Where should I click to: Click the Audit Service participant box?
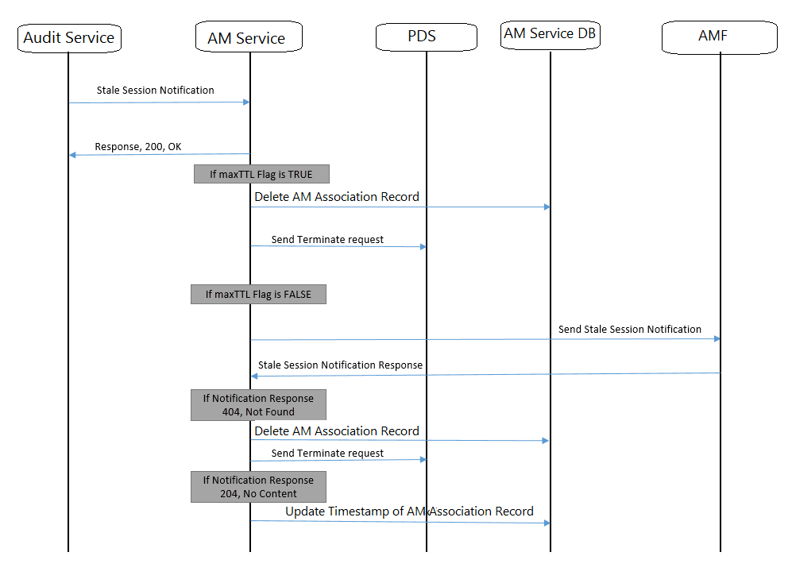pyautogui.click(x=69, y=37)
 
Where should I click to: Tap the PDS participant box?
pyautogui.click(x=426, y=37)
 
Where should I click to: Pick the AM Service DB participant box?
pyautogui.click(x=551, y=35)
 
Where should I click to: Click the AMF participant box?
pyautogui.click(x=720, y=37)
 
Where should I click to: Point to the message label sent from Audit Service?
pyautogui.click(x=155, y=91)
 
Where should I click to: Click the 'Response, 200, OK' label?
pyautogui.click(x=138, y=146)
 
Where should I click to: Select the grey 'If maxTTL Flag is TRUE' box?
pyautogui.click(x=261, y=174)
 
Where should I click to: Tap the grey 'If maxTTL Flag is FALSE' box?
pyautogui.click(x=258, y=295)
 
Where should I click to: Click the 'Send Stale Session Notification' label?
pyautogui.click(x=629, y=329)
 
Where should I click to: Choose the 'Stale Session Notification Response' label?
pyautogui.click(x=340, y=365)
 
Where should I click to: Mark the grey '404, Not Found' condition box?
pyautogui.click(x=258, y=405)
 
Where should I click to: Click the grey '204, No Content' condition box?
pyautogui.click(x=258, y=487)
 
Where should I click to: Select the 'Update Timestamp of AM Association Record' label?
pyautogui.click(x=409, y=512)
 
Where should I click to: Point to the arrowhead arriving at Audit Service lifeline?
pyautogui.click(x=72, y=155)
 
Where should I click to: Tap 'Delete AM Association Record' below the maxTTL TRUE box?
pyautogui.click(x=337, y=197)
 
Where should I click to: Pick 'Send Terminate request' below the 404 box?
pyautogui.click(x=327, y=454)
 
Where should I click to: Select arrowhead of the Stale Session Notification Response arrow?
pyautogui.click(x=254, y=376)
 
